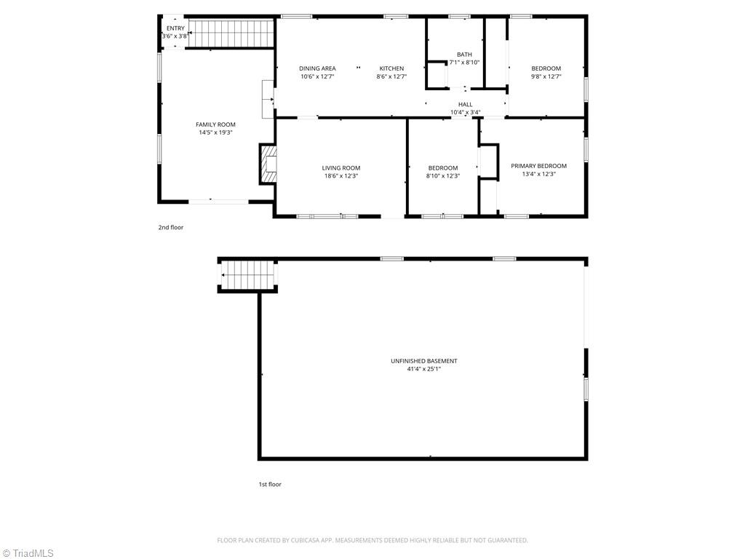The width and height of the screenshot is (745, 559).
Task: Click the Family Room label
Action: [215, 124]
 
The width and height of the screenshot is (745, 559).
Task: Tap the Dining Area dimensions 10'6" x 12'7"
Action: [317, 76]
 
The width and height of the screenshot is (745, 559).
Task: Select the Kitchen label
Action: [391, 68]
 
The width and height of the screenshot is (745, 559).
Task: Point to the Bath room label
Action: [464, 55]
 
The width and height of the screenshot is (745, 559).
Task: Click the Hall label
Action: [465, 104]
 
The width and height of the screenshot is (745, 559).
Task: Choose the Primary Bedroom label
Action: [538, 166]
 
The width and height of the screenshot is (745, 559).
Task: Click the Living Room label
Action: [341, 168]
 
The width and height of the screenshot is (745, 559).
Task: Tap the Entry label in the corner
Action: [175, 28]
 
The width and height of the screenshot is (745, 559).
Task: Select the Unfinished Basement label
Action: [424, 361]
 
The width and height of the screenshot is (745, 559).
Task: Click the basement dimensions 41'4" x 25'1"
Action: [424, 369]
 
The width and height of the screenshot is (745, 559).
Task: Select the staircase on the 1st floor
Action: [248, 275]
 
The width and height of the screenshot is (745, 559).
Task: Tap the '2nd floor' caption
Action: [171, 227]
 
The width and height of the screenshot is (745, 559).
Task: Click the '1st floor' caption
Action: [270, 484]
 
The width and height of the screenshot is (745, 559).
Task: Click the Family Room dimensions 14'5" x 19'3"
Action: [215, 132]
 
